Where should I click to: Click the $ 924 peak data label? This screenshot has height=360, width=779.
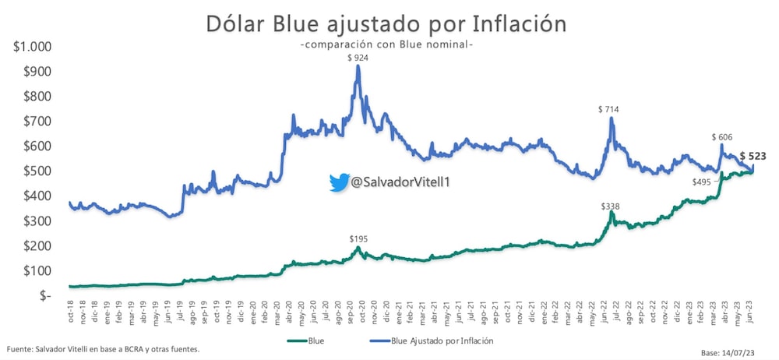pos(358,58)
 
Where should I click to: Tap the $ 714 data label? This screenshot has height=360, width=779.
pos(608,110)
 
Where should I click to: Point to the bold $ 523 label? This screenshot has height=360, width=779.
pos(753,156)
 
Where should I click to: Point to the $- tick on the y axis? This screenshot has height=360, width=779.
pos(43,295)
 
